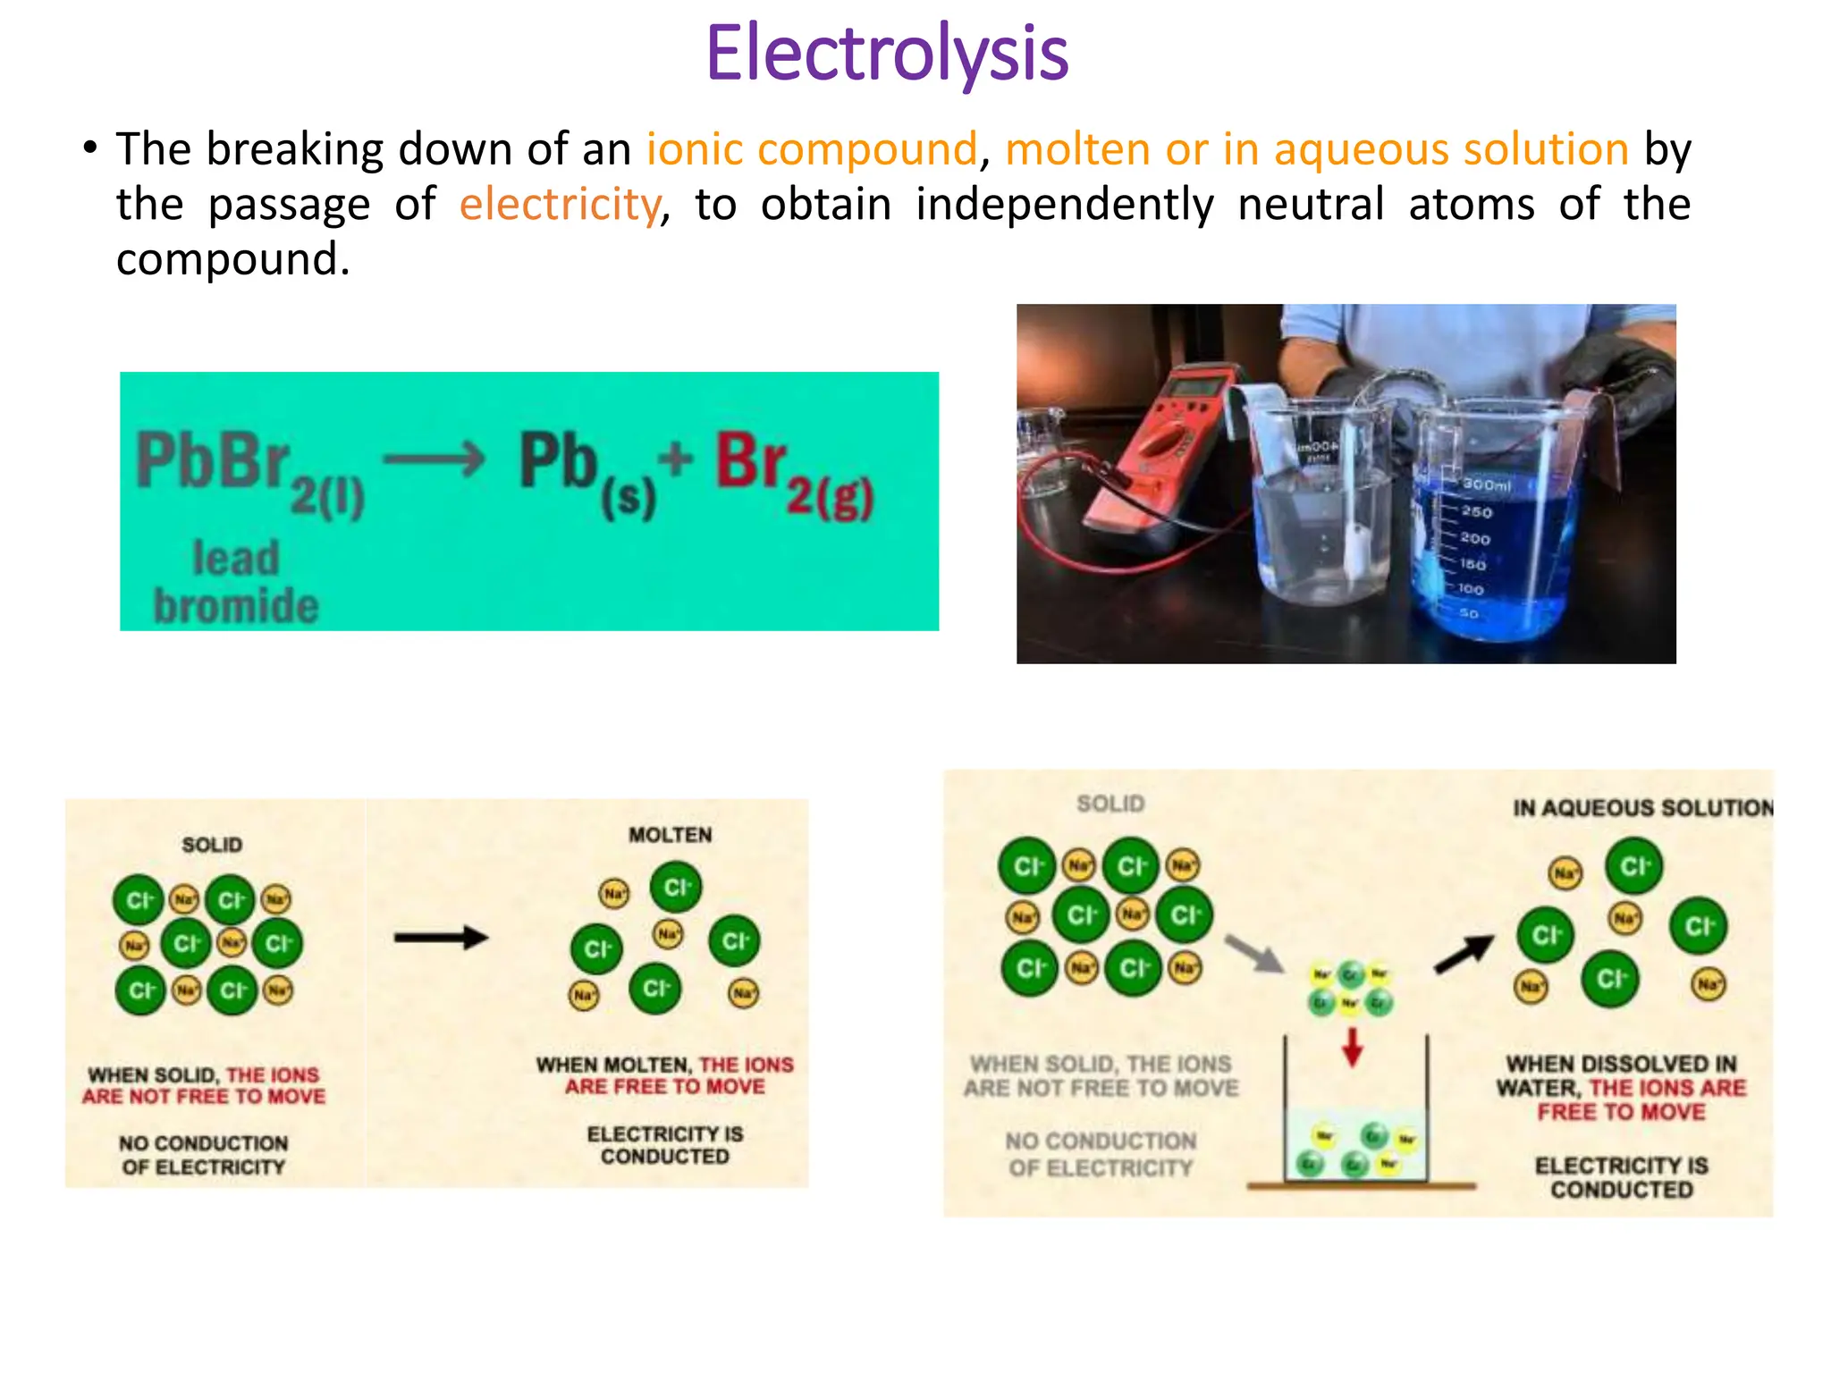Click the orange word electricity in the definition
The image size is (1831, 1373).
[560, 204]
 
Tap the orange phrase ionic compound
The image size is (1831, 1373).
[812, 148]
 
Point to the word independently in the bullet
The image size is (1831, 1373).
[1064, 204]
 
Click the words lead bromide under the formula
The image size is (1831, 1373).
[236, 583]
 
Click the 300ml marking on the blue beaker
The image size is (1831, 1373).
[1486, 484]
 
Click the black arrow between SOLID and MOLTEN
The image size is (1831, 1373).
[442, 938]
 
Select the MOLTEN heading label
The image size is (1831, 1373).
[670, 835]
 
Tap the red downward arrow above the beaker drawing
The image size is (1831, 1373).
[1353, 1046]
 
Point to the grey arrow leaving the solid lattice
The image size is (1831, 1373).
[1253, 953]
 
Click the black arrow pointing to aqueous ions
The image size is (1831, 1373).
[1464, 954]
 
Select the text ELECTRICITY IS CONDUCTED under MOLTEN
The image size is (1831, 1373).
[665, 1145]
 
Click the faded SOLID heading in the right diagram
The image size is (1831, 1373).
[1110, 804]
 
